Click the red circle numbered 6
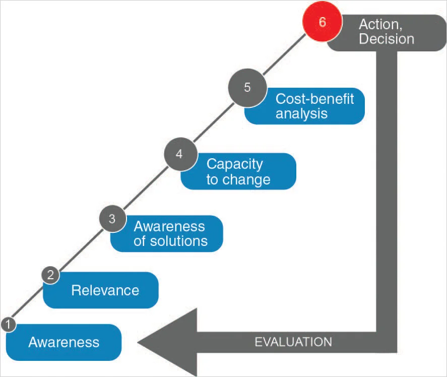(x=322, y=23)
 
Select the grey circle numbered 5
(x=247, y=87)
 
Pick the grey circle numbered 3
(x=112, y=219)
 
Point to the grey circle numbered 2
(x=50, y=275)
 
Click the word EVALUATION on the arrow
(x=293, y=342)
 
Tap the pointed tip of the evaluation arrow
(x=141, y=343)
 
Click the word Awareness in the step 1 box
(x=63, y=342)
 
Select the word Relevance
(x=105, y=290)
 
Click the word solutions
(x=178, y=241)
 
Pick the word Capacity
(x=234, y=164)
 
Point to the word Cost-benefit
(x=314, y=98)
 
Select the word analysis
(x=301, y=113)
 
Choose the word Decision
(x=386, y=39)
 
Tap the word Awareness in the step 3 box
(x=169, y=226)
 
